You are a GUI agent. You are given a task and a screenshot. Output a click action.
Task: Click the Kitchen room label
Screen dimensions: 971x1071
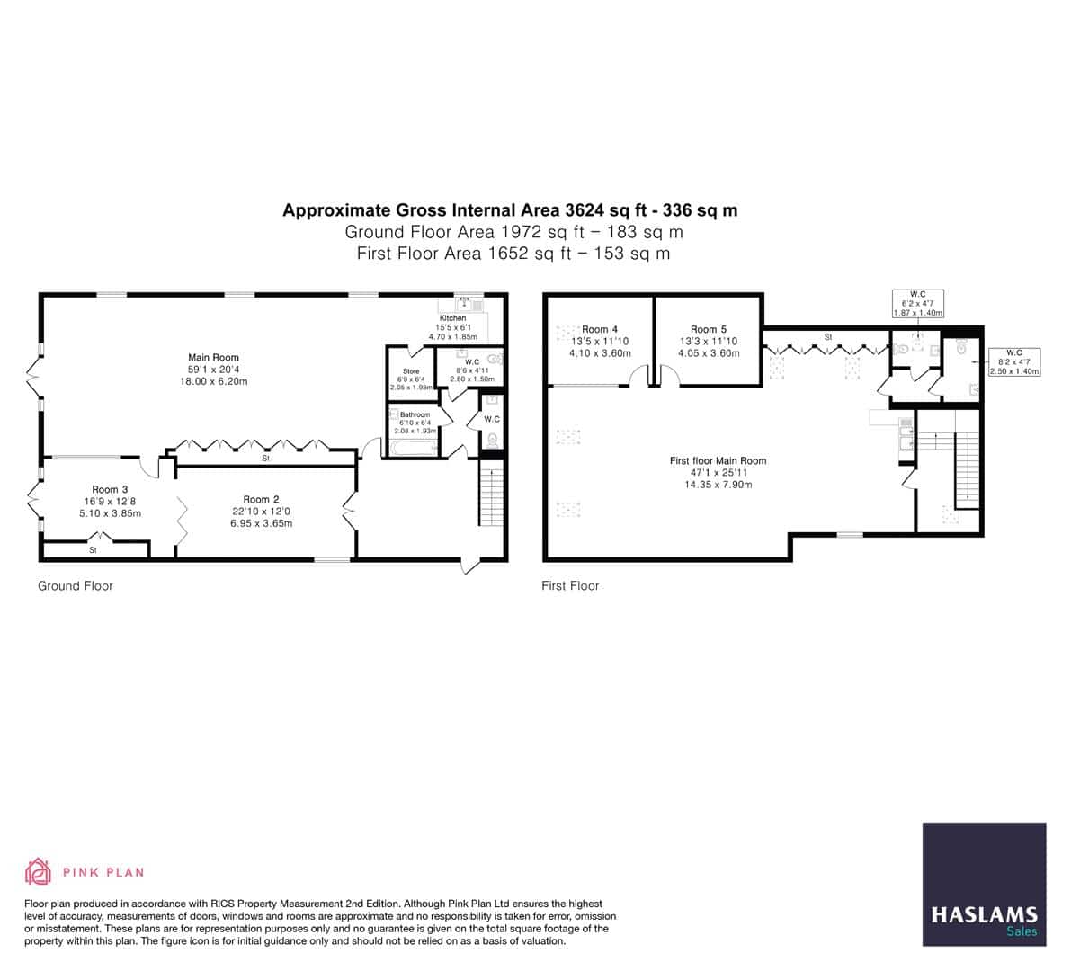click(452, 318)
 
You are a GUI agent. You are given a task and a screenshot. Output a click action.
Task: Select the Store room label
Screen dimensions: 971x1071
click(410, 371)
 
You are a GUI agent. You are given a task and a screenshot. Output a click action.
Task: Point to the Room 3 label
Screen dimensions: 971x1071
click(110, 490)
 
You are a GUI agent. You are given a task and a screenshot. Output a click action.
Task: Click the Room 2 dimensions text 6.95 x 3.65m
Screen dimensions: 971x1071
click(261, 523)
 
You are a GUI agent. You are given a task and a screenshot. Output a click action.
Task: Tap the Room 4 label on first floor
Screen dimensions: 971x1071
click(600, 330)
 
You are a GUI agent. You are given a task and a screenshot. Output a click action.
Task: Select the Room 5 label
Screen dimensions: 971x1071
click(709, 330)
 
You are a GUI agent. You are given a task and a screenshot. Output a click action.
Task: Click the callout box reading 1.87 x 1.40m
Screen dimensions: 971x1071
click(917, 313)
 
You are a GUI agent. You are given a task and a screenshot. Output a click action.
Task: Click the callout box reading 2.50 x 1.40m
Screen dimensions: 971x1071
click(1014, 371)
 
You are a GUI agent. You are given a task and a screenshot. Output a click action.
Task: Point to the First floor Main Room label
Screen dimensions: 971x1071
click(718, 461)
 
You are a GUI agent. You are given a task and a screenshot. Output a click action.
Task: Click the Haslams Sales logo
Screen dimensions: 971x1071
click(984, 884)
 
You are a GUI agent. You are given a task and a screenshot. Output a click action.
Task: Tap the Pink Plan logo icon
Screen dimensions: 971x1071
click(38, 871)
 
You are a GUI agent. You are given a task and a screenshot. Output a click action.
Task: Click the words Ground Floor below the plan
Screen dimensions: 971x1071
click(76, 586)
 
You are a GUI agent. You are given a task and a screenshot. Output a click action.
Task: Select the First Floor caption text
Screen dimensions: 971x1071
click(570, 586)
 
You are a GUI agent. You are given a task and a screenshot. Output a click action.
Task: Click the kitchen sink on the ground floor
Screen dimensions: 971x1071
click(466, 304)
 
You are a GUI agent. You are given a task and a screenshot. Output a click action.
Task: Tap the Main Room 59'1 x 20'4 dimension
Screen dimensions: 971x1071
click(213, 370)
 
